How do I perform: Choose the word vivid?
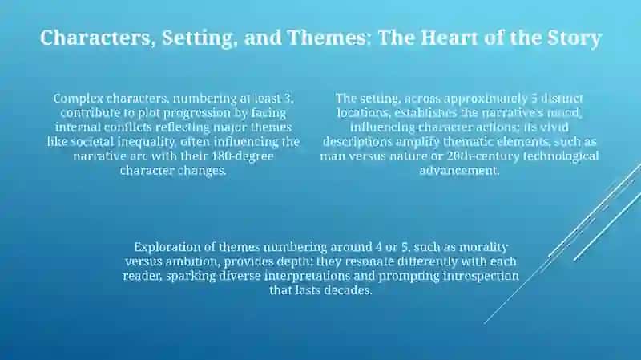click(x=554, y=127)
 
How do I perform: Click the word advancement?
click(x=459, y=170)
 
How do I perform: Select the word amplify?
click(x=417, y=142)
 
